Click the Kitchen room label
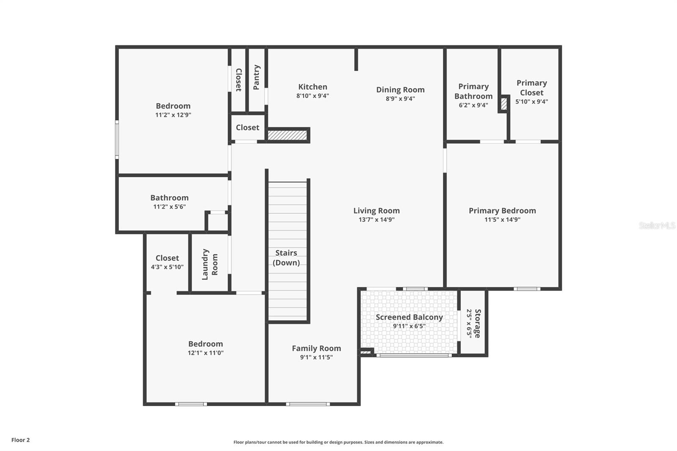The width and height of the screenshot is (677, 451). pos(313,87)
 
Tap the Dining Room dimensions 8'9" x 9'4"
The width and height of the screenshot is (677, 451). pos(400,99)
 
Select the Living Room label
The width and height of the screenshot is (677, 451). pos(377,210)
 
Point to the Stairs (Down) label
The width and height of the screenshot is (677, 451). pos(286,258)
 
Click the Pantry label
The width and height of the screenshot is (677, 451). pos(256,77)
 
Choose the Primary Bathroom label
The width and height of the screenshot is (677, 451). pos(473,91)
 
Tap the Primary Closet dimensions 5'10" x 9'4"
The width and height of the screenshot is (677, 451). pos(531,102)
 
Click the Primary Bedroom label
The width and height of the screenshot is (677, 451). pos(502,210)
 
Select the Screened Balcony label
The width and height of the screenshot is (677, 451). pos(409,317)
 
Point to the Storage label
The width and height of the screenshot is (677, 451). pos(478,323)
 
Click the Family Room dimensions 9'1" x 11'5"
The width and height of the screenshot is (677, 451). pos(316,357)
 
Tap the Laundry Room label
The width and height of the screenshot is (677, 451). pos(209,264)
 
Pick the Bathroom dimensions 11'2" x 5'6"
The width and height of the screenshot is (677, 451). pos(169,207)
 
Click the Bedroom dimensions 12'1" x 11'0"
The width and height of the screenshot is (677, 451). pos(206,353)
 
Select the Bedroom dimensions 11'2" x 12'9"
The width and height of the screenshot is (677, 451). pos(173,115)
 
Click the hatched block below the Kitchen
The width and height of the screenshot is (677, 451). pos(287,135)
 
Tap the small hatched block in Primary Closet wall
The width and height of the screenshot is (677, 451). pos(504,104)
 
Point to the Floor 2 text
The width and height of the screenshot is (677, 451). pos(21,440)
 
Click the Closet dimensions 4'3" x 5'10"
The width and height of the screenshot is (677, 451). pos(167,267)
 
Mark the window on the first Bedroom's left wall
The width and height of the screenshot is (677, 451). pos(117,139)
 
